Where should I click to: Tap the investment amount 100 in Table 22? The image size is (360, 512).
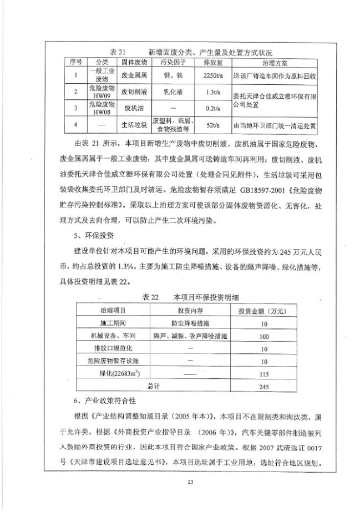263,336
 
